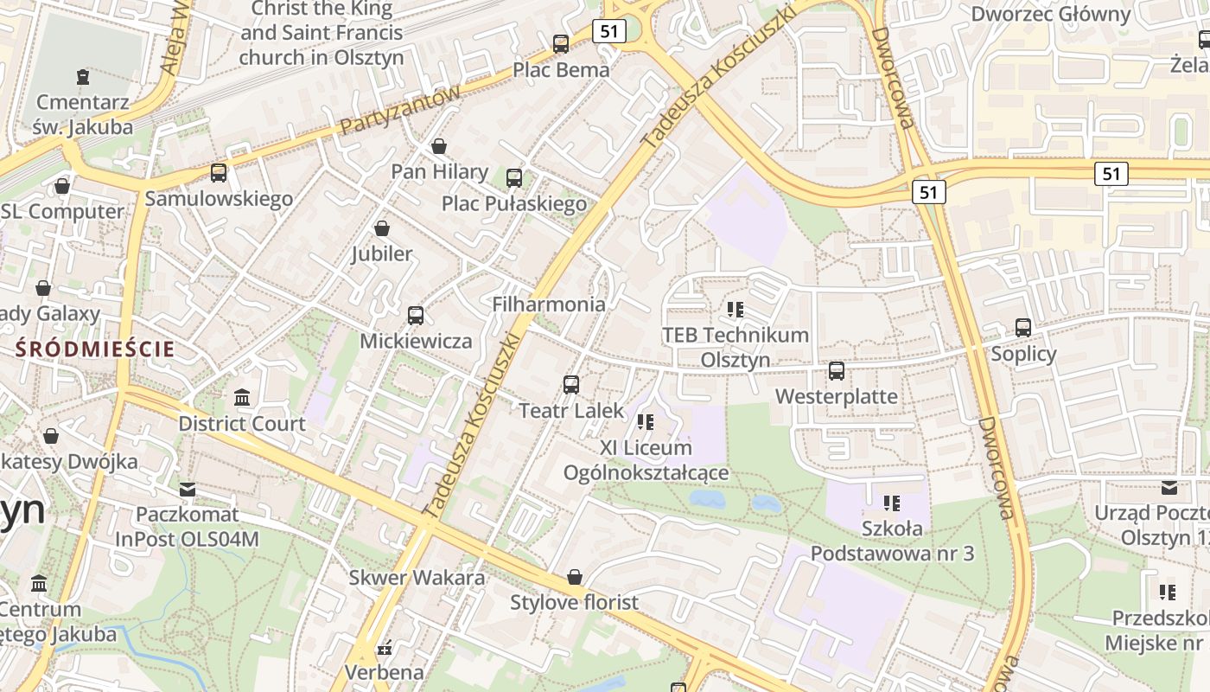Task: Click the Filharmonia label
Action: click(x=549, y=304)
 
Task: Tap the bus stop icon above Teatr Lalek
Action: click(x=571, y=385)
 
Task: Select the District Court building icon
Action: click(x=242, y=398)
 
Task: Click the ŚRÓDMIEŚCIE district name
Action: click(x=95, y=349)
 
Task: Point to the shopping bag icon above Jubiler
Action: click(x=381, y=229)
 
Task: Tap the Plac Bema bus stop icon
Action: click(x=561, y=43)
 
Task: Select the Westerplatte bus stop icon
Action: click(x=836, y=371)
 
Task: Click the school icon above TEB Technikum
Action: click(x=736, y=309)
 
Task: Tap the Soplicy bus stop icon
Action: click(x=1023, y=328)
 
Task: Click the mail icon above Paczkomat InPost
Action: click(x=187, y=490)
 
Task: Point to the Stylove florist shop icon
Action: click(x=574, y=577)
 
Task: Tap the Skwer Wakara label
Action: click(x=417, y=578)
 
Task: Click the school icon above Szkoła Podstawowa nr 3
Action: click(x=892, y=503)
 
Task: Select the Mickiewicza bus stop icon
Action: click(x=416, y=316)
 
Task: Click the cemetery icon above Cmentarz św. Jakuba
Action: click(x=82, y=78)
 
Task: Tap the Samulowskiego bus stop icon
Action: click(x=219, y=173)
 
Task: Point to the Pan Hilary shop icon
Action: click(x=439, y=146)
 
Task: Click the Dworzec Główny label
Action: click(x=1050, y=14)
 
